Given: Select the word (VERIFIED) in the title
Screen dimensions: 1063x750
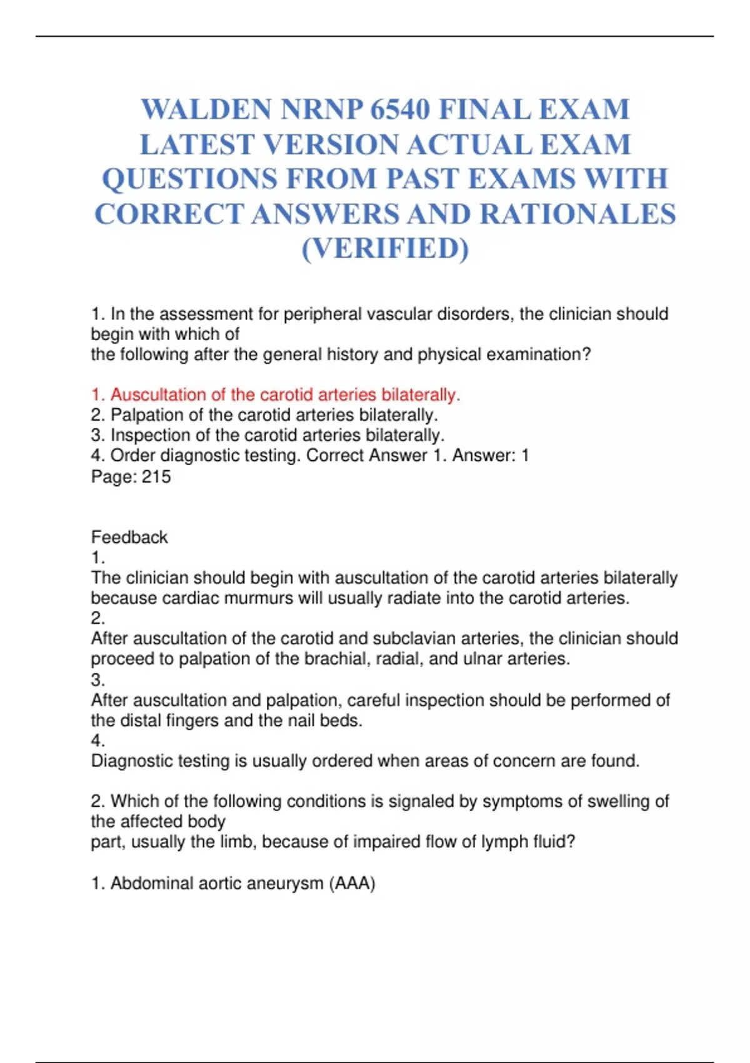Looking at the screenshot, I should pos(385,248).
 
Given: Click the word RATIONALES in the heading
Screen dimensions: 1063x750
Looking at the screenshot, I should pos(577,214).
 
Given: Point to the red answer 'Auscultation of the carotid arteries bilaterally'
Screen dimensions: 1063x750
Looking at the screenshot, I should pos(285,395).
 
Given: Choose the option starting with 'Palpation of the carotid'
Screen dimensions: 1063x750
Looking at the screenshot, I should pos(274,415).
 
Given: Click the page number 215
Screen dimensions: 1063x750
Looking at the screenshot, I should pos(156,476).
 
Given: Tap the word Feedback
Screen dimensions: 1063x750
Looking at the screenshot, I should pos(129,537).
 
